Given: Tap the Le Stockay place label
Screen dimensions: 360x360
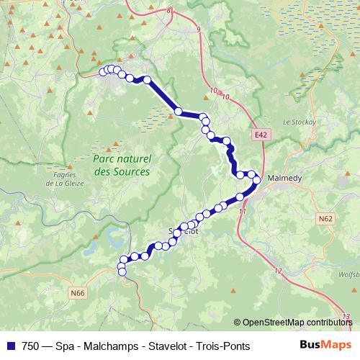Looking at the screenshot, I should (x=300, y=122).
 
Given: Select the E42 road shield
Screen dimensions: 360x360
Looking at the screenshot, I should (x=261, y=135).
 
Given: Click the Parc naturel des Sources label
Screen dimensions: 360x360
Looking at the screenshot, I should (x=122, y=166).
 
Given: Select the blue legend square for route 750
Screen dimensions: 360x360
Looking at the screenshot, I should (x=10, y=346).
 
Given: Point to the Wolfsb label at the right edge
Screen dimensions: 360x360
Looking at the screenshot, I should (x=349, y=274).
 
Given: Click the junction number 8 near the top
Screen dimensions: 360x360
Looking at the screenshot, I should (x=170, y=10).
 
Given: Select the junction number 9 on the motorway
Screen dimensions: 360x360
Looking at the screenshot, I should (x=197, y=30).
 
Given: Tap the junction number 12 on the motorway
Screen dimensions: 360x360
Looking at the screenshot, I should (x=278, y=271).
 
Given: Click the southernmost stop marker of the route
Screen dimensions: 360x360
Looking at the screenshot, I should (x=122, y=271).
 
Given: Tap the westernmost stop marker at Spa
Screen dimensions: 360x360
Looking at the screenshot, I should (x=102, y=71).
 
